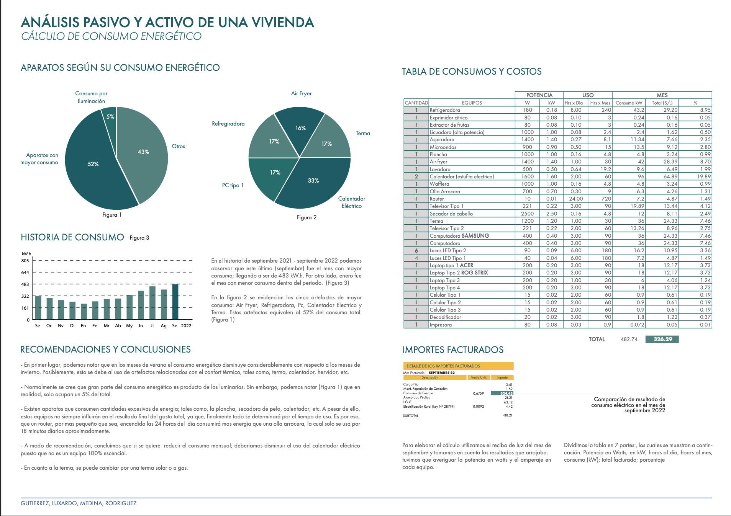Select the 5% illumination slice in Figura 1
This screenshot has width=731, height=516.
(109, 119)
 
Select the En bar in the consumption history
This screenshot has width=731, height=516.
(84, 312)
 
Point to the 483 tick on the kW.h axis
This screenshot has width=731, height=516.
(25, 284)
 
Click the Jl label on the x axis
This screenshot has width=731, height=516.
(152, 326)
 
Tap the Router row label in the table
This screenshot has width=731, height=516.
(437, 199)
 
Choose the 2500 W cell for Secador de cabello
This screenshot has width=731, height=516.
(527, 214)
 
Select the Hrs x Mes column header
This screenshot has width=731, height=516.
(600, 103)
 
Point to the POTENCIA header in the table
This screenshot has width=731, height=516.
(539, 95)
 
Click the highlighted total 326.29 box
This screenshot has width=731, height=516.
(662, 339)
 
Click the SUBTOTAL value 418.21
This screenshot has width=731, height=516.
(507, 415)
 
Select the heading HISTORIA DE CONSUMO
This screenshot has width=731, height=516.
(72, 237)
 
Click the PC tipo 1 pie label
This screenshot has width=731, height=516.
(233, 185)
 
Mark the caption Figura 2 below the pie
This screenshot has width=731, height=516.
(307, 217)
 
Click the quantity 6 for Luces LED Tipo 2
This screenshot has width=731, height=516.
(416, 251)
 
